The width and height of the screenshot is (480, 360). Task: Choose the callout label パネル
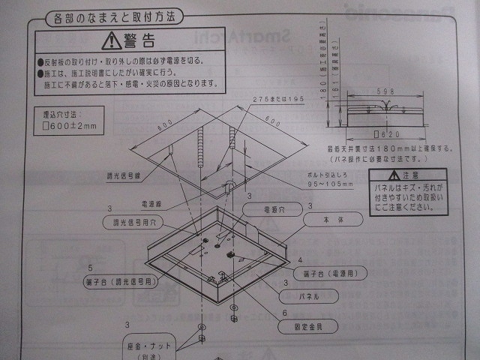click(x=310, y=296)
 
